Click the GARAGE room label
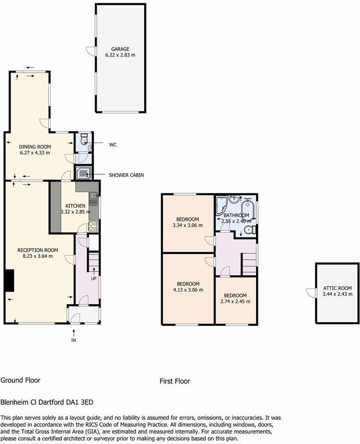click(x=121, y=49)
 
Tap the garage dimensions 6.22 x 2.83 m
click(x=121, y=55)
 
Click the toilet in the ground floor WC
click(x=84, y=140)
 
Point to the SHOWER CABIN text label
click(x=126, y=175)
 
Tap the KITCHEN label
click(x=75, y=206)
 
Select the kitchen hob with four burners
click(x=93, y=226)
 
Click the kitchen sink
click(x=93, y=196)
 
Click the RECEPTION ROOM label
click(x=37, y=250)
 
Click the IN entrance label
click(x=73, y=340)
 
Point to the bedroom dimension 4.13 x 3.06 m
click(x=188, y=289)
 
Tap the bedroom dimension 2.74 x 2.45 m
click(x=235, y=301)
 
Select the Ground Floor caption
click(x=20, y=380)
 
